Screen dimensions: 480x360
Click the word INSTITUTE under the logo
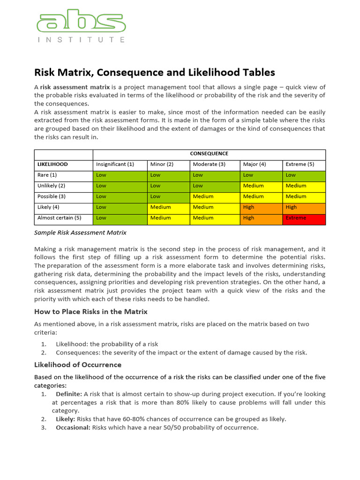[x=81, y=40]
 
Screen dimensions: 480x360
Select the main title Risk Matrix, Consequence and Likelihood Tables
[x=155, y=72]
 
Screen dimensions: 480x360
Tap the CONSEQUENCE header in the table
[x=209, y=154]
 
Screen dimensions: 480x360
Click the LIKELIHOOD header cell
[x=52, y=165]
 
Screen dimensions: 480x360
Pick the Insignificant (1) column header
[x=115, y=165]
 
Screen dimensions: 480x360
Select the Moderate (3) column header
[x=209, y=165]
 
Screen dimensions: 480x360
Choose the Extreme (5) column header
[x=300, y=165]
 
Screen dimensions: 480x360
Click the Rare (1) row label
[x=47, y=175]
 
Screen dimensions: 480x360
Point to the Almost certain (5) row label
[x=59, y=218]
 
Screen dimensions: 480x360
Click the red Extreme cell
[x=304, y=218]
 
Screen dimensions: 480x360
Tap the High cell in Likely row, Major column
[x=261, y=207]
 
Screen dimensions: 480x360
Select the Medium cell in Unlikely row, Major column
[x=261, y=186]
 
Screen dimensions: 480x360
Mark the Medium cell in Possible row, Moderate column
[x=214, y=196]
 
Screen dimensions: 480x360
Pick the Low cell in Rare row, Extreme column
[x=304, y=175]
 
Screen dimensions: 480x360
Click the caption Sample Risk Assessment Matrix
[x=80, y=232]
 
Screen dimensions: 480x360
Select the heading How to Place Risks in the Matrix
[x=91, y=312]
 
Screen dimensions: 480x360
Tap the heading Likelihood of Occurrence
[x=78, y=365]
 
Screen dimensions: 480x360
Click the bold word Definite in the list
[x=69, y=394]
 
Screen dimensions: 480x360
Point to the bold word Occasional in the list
[x=73, y=427]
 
